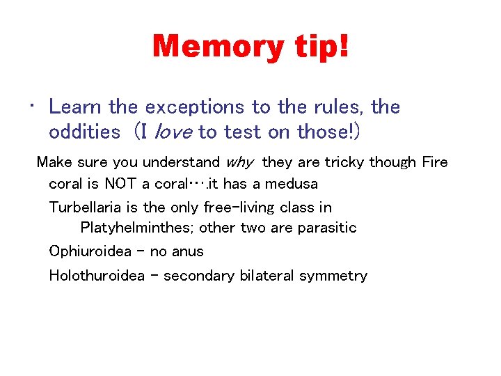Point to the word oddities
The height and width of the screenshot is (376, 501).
(84, 131)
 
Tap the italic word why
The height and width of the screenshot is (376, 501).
(240, 162)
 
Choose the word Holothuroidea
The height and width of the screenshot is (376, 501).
(97, 276)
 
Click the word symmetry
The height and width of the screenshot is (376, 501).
(333, 276)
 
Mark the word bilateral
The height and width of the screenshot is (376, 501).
(268, 276)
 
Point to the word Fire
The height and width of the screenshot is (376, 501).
(434, 162)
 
